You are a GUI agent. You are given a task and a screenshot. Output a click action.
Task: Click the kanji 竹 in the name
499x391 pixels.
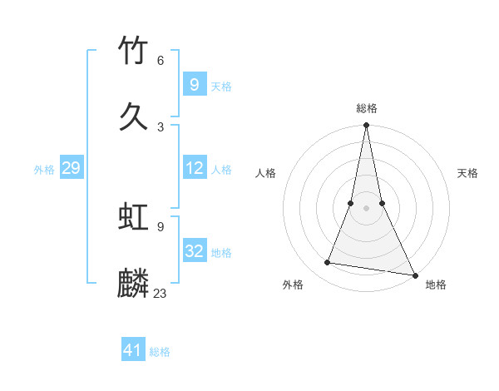(134, 52)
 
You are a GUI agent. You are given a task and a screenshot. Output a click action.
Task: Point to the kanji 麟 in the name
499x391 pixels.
(134, 283)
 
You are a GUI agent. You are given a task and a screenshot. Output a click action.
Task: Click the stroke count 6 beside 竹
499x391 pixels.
(161, 61)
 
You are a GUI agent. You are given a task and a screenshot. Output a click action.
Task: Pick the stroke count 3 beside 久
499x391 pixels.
(161, 126)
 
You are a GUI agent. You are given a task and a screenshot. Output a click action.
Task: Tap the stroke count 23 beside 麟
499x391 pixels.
(161, 293)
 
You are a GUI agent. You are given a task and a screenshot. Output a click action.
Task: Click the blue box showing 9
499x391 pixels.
(194, 84)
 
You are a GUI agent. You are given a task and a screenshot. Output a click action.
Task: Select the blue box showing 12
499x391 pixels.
(194, 168)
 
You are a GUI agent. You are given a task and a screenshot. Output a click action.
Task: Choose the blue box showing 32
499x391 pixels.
(194, 251)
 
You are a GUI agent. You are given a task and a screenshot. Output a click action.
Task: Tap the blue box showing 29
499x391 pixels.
(71, 169)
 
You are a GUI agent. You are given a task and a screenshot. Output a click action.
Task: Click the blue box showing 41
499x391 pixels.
(133, 350)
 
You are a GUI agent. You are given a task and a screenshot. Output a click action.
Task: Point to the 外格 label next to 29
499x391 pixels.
(44, 170)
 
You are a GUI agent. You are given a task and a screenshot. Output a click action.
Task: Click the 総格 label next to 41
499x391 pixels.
(160, 352)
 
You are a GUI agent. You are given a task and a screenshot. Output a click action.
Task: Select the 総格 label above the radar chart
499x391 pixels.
(366, 108)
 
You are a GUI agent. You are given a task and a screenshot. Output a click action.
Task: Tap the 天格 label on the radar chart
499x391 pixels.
(468, 173)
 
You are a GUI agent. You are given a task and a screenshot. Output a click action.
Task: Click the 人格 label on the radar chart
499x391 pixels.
(265, 173)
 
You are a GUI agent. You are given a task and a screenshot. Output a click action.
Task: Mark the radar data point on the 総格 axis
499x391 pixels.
(366, 126)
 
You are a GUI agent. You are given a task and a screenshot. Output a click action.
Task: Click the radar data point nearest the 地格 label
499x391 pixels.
(414, 275)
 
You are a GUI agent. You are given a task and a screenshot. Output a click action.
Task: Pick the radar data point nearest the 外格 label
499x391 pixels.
(328, 263)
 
